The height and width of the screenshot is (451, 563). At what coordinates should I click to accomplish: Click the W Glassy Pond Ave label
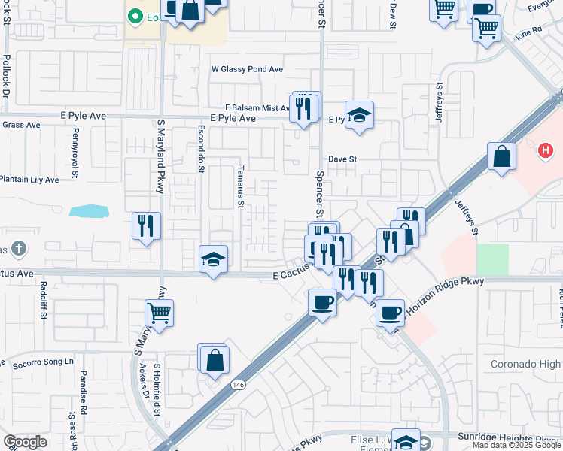click(247, 69)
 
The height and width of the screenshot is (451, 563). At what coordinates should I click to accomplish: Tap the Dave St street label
click(342, 159)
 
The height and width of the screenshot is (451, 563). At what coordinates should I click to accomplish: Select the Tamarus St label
click(241, 186)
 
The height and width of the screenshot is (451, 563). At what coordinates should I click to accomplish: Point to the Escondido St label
click(202, 148)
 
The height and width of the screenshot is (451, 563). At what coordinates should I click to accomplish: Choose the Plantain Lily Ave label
click(29, 180)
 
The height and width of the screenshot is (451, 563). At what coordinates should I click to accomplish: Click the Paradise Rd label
click(84, 402)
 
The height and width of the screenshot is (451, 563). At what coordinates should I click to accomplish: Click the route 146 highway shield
click(238, 384)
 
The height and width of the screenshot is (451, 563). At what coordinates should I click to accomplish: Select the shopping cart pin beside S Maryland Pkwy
click(160, 312)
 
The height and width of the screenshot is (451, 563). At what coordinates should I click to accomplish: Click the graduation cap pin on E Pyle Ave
click(360, 115)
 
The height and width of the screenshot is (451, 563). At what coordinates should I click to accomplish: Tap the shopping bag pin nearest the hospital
click(501, 156)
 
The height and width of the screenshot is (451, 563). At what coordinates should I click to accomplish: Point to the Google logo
click(25, 442)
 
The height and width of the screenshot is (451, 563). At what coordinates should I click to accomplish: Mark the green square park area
click(492, 260)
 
